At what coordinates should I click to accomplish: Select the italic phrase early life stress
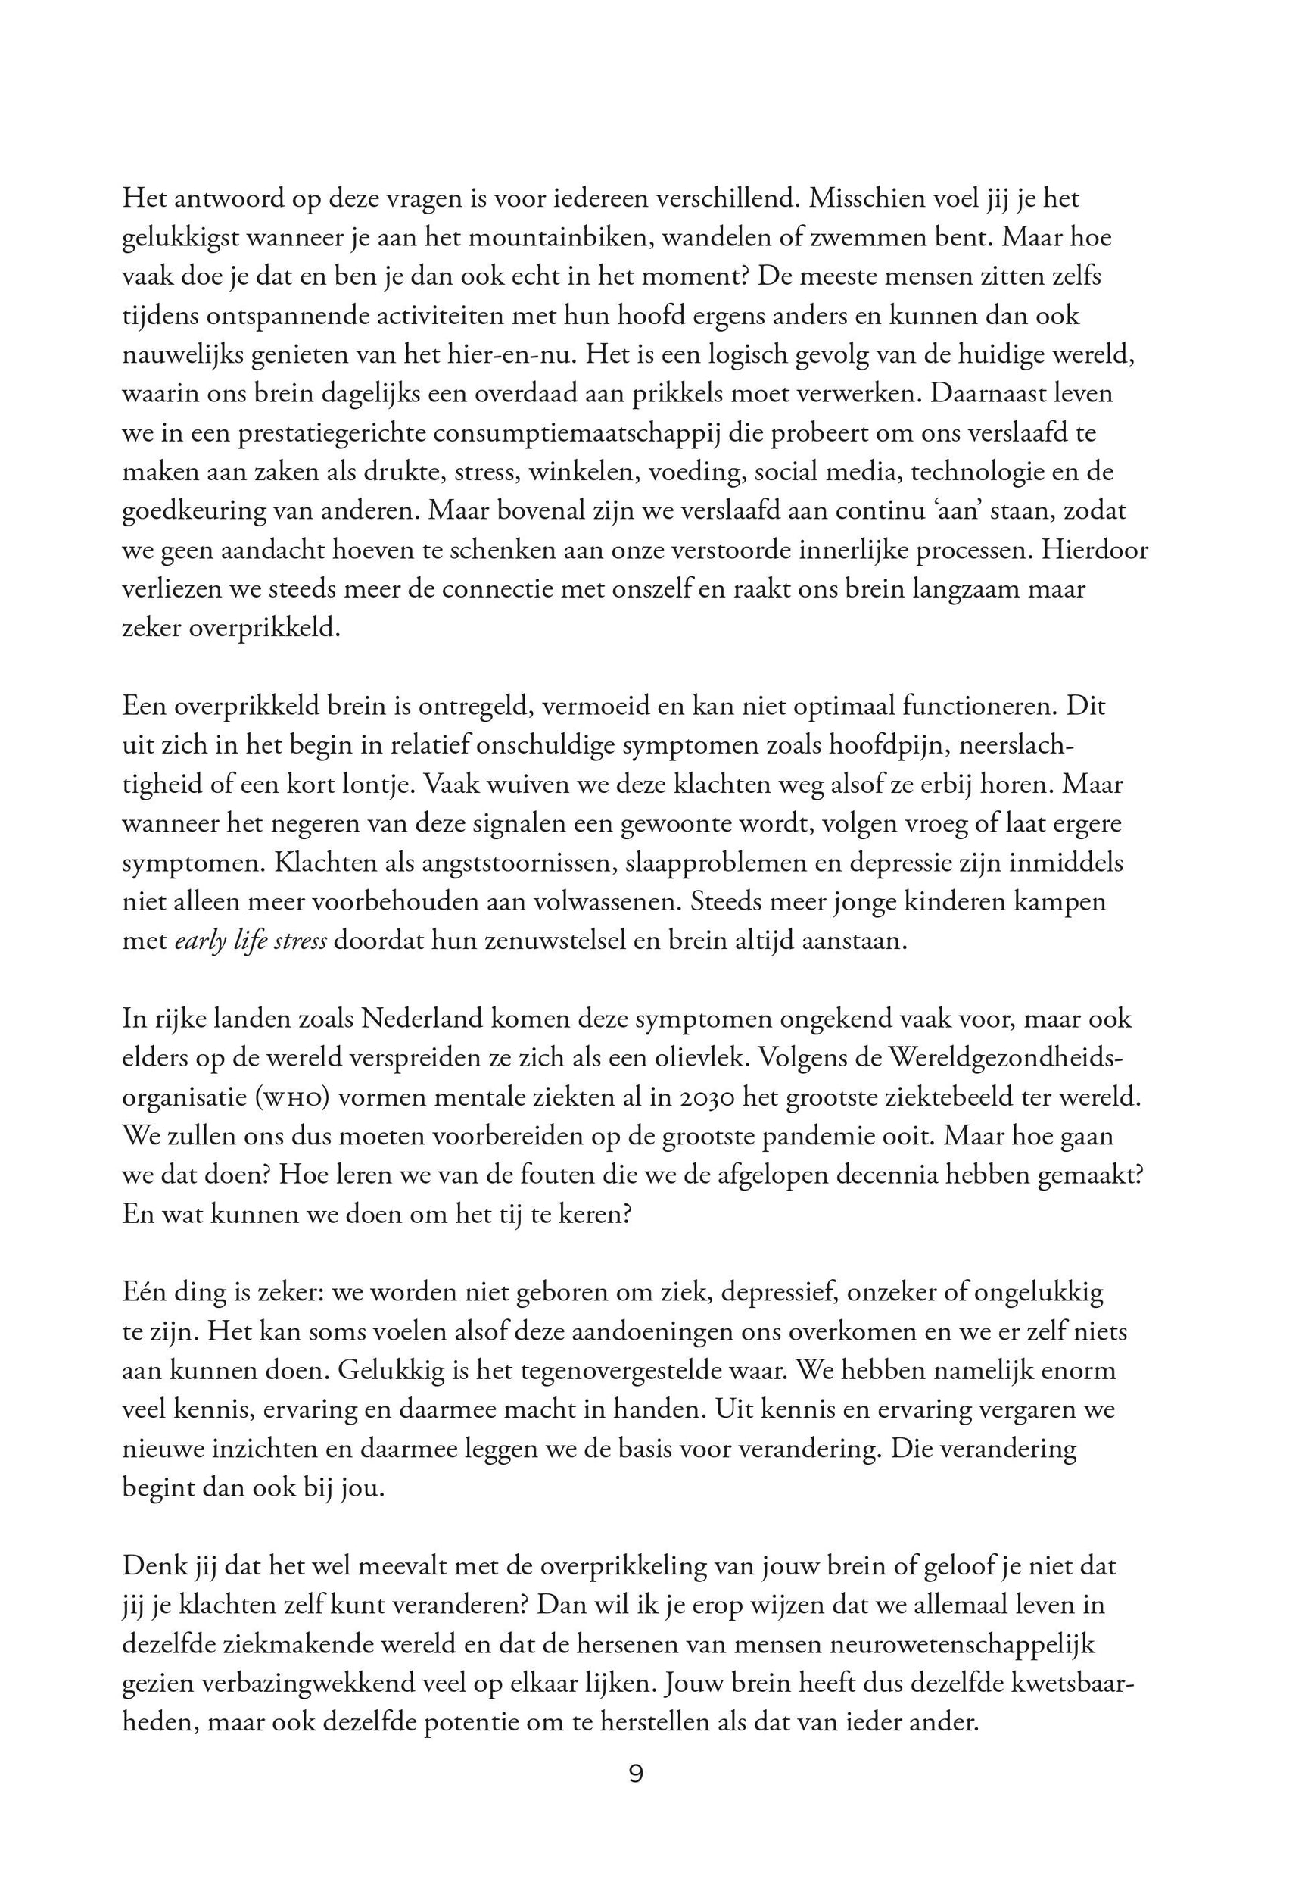[251, 941]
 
